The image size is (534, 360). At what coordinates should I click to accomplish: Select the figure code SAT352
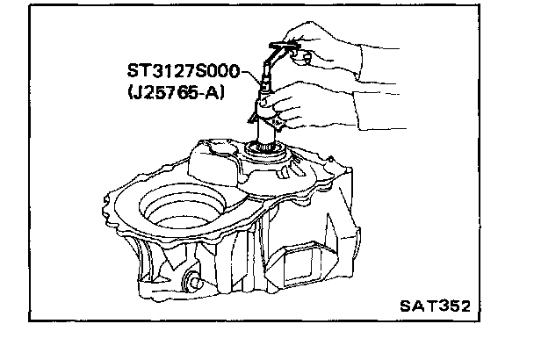pyautogui.click(x=434, y=306)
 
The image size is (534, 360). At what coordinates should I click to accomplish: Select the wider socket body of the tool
pyautogui.click(x=263, y=110)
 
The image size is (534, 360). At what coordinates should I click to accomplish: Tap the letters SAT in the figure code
pyautogui.click(x=416, y=306)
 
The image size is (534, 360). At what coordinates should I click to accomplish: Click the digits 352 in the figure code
pyautogui.click(x=453, y=306)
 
